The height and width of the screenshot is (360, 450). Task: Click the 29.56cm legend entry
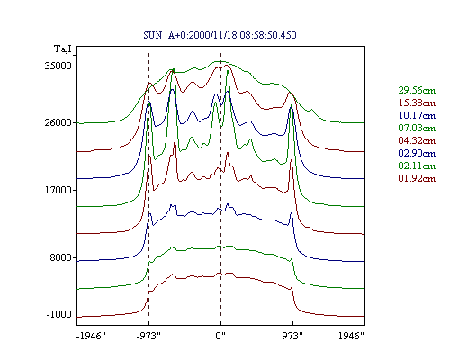point(417,90)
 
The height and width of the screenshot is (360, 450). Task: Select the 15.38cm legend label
point(417,103)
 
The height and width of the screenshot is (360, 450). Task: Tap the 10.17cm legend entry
point(417,115)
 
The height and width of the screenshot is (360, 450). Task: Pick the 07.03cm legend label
point(417,128)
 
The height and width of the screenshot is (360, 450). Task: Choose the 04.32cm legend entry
point(417,140)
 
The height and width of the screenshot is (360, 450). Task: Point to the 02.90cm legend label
point(417,153)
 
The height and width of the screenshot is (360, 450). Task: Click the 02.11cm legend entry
point(417,166)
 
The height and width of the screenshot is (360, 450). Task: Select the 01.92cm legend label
point(417,178)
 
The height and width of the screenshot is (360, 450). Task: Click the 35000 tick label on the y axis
point(58,66)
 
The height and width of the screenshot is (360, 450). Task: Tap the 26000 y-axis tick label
point(58,122)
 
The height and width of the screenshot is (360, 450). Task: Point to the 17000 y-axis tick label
point(58,190)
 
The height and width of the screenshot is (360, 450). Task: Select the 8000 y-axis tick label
point(60,257)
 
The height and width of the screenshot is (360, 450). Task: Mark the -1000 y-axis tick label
point(59,314)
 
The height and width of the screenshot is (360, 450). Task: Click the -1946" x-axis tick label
point(91,336)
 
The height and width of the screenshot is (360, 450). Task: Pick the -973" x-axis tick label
point(148,336)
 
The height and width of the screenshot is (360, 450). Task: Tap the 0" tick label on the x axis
point(220,336)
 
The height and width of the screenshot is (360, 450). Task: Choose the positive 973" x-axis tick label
point(292,336)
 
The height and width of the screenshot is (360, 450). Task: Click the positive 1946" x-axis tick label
point(351,336)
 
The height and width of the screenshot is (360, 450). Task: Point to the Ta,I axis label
point(63,49)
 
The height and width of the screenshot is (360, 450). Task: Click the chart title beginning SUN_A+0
point(220,35)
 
